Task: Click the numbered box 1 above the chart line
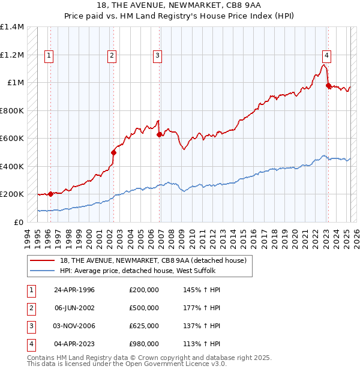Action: coord(49,56)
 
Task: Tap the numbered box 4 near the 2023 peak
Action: coord(326,56)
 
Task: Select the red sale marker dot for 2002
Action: coord(113,152)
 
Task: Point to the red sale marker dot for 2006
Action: coord(159,135)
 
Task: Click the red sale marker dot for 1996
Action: coord(50,194)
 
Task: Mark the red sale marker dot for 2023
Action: coord(328,86)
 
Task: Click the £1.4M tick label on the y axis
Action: coord(12,27)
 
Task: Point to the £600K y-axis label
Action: coord(12,138)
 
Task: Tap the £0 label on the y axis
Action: coord(18,222)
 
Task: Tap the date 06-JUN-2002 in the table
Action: coord(74,308)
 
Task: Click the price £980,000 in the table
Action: coord(143,344)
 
